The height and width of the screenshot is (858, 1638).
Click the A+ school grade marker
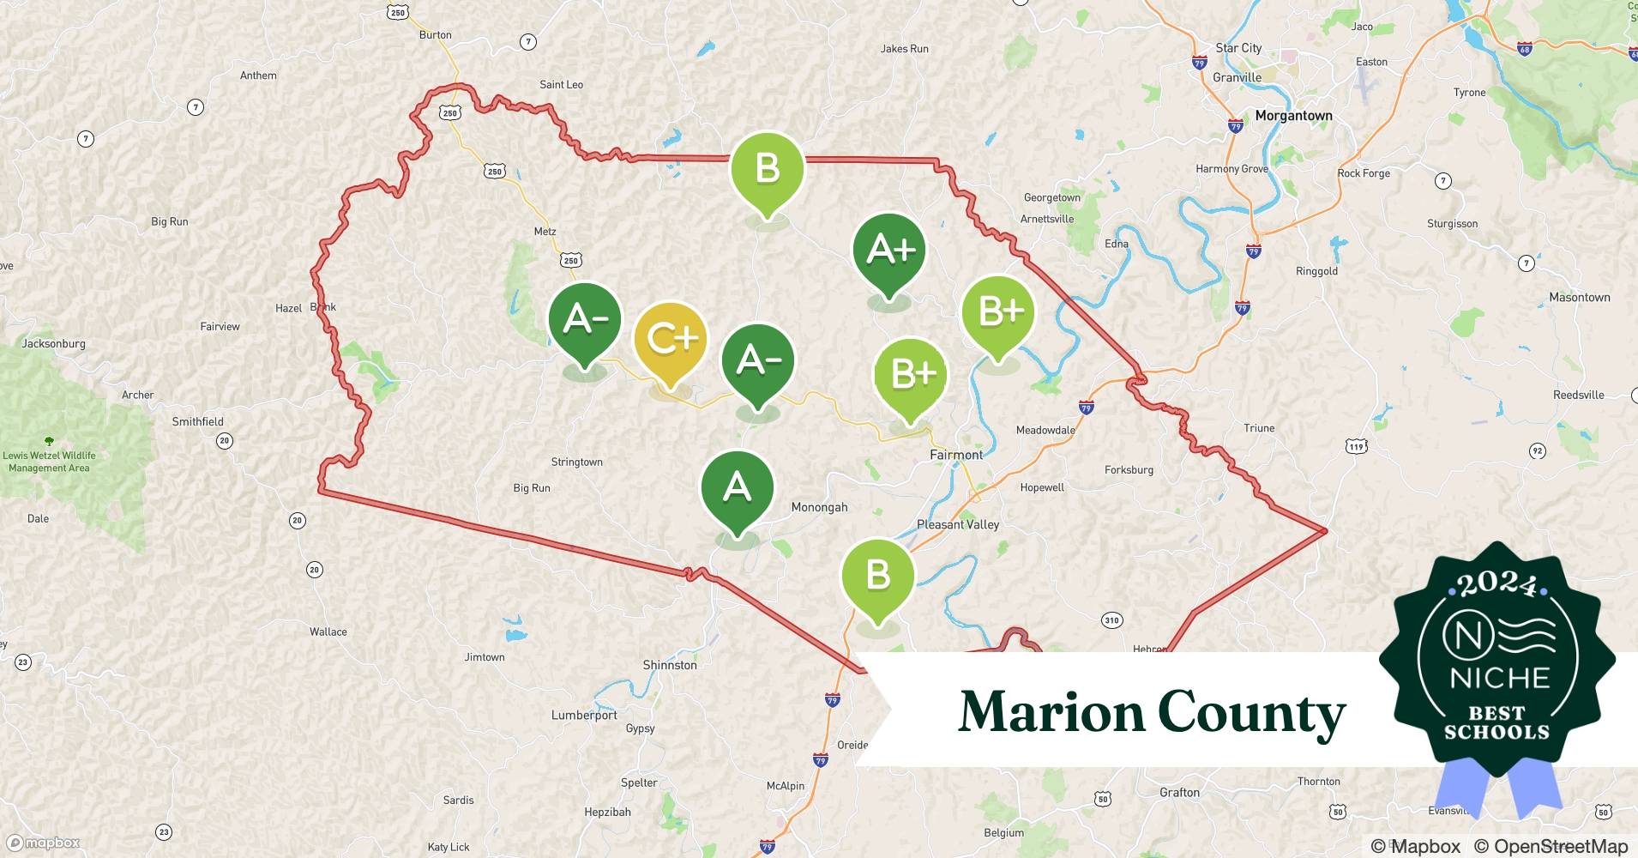pos(889,251)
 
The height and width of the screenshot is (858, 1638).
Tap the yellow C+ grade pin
pos(671,340)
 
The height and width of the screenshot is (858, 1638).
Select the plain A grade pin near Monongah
pos(738,487)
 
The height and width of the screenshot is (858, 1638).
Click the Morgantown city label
pos(1293,116)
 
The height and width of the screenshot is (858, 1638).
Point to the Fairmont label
pos(956,455)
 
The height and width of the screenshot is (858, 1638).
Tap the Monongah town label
pos(819,507)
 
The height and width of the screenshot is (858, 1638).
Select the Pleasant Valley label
pos(958,524)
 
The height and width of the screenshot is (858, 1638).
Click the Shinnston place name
pos(670,665)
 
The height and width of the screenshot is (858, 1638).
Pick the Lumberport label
pos(584,715)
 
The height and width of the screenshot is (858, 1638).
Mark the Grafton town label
pos(1179,792)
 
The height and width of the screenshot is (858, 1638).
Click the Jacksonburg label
pos(53,343)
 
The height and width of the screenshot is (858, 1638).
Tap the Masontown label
pos(1579,297)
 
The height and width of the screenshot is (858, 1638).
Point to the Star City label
pos(1238,48)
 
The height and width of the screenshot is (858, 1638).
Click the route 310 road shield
pos(1111,620)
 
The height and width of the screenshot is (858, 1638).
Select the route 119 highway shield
pos(1356,446)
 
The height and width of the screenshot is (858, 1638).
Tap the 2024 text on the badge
pos(1496,584)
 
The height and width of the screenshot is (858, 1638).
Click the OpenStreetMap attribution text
pos(1551,846)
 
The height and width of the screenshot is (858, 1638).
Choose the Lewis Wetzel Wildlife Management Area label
pos(49,462)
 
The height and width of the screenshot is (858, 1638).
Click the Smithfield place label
pos(197,421)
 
